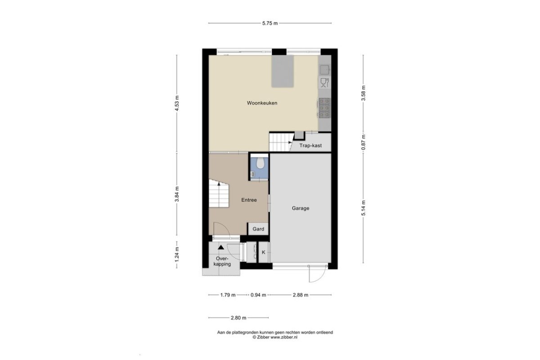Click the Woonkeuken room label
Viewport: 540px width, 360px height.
coord(262,103)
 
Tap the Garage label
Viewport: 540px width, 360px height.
coord(301,208)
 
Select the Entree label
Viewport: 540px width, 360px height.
coord(249,200)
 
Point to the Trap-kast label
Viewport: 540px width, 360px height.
coord(310,146)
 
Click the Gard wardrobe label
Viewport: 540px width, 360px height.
coord(258,229)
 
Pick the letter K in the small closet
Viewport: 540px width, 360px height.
coord(264,252)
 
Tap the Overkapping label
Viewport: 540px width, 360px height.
coord(222,261)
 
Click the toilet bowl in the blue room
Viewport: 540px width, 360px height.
coord(260,163)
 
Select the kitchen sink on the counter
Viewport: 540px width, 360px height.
coord(324,70)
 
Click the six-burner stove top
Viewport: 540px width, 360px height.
coord(324,108)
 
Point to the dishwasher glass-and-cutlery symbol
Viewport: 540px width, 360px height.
coord(324,82)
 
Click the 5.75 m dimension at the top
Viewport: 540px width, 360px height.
coord(270,23)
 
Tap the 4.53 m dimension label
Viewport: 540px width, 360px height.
coord(177,103)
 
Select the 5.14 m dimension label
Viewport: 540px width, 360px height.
coord(363,208)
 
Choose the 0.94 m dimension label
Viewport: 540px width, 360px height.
coord(258,295)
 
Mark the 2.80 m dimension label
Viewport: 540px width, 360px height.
coord(238,318)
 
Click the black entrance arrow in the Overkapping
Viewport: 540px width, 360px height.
coord(220,247)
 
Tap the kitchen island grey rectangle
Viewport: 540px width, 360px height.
coord(283,71)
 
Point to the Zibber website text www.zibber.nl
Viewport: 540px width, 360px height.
coord(284,337)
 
